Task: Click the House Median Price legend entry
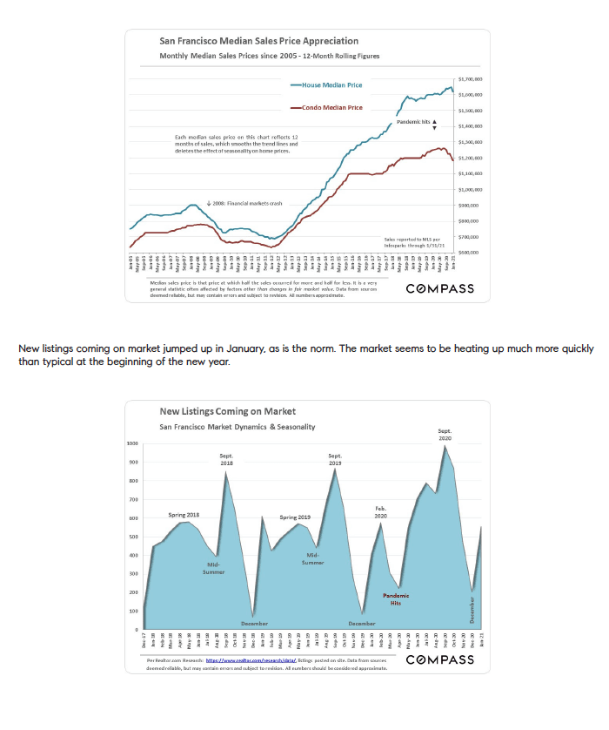tap(331, 85)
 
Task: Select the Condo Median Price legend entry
tap(331, 107)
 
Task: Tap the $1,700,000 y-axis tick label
tap(470, 78)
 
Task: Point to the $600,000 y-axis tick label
tap(471, 252)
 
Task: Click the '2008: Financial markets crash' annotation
tap(249, 203)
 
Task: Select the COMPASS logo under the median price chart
tap(439, 288)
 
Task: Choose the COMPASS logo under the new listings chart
tap(439, 659)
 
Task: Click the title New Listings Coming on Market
tap(227, 411)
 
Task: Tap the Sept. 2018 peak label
tap(227, 459)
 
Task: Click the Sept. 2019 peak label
tap(335, 459)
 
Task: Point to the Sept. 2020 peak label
tap(445, 434)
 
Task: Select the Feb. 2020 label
tap(381, 513)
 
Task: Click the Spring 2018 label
tap(184, 515)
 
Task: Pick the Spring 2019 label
tap(295, 517)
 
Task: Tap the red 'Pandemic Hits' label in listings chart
tap(396, 598)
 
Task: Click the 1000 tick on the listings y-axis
tap(133, 443)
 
